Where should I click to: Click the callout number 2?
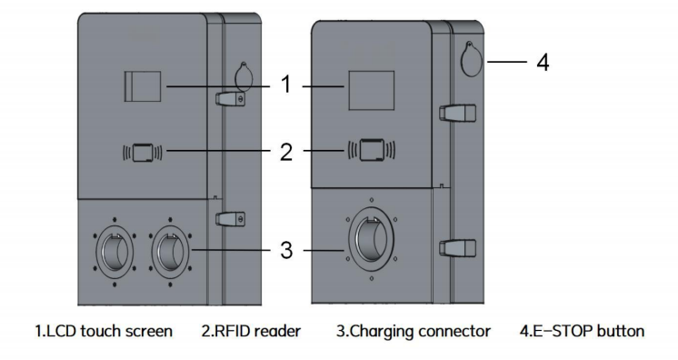285,150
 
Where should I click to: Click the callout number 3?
285,248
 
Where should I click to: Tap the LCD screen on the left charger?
143,87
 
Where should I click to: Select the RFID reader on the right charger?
372,149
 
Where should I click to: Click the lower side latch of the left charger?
228,219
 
